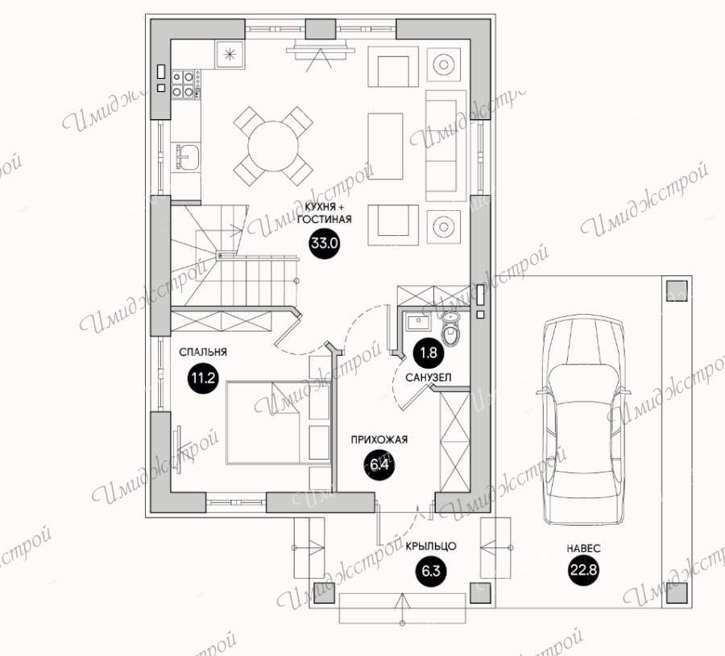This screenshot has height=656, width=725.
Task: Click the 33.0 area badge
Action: click(x=325, y=242)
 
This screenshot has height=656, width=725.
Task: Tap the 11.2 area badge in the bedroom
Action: click(x=204, y=378)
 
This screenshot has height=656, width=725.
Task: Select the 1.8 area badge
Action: click(x=429, y=353)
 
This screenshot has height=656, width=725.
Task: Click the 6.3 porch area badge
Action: click(x=430, y=571)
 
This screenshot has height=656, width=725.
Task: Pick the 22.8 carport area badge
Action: click(x=583, y=571)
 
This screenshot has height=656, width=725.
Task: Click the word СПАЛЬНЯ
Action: click(x=203, y=352)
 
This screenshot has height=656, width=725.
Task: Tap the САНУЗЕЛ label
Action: click(x=429, y=378)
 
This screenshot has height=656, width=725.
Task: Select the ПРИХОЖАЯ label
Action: click(x=379, y=439)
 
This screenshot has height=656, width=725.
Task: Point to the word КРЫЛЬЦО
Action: click(x=431, y=546)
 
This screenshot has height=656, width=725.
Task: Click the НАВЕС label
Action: click(x=583, y=548)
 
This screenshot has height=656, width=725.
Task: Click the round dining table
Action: click(x=273, y=146)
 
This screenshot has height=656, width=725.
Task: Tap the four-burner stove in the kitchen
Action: click(x=183, y=84)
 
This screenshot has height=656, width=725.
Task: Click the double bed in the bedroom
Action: click(x=267, y=423)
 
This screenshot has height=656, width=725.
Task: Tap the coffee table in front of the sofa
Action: click(x=386, y=146)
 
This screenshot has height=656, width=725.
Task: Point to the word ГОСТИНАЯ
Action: click(x=324, y=219)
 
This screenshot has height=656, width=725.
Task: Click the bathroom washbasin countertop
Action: click(x=418, y=321)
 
